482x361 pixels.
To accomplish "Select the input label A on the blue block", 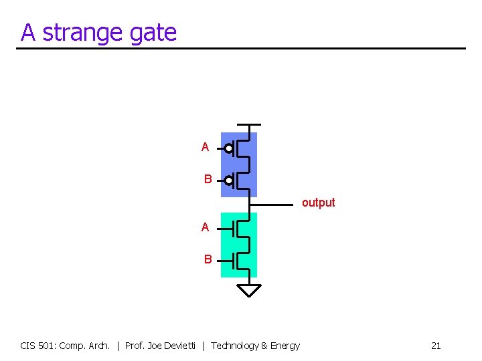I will (x=206, y=147).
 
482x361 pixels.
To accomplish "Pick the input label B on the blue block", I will (x=208, y=179).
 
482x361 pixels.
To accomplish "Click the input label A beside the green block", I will (x=206, y=227).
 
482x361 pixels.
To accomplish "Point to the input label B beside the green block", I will (x=208, y=259).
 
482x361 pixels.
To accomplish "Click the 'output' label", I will (x=318, y=203).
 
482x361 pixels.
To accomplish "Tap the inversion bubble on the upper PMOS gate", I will (x=229, y=148).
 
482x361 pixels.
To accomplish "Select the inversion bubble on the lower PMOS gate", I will (x=229, y=180).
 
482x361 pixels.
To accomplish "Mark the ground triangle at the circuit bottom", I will (x=249, y=289).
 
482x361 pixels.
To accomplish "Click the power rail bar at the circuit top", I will (x=249, y=125).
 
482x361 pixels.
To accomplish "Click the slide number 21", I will (x=436, y=346).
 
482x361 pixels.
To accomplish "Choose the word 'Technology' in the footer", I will (x=235, y=346).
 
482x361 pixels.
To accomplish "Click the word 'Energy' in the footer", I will (x=285, y=346).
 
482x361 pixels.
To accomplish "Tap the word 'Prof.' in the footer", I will (x=135, y=346).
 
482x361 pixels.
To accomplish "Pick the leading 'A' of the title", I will (x=27, y=33).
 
